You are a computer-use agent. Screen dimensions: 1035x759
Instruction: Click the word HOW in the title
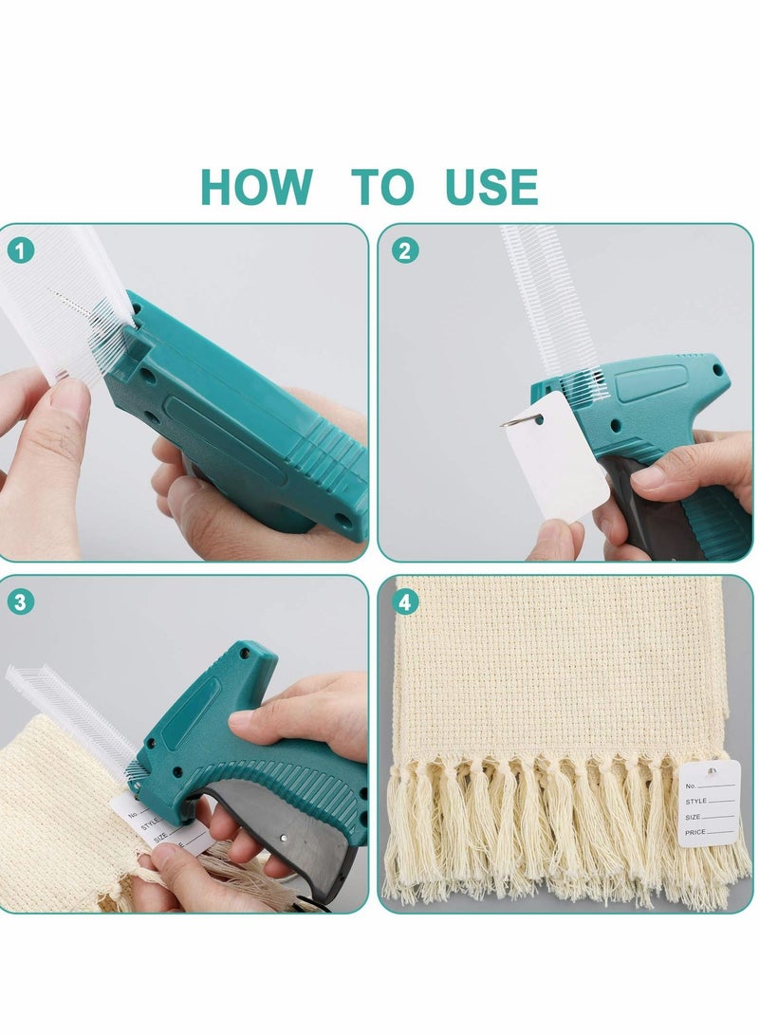[x=256, y=187]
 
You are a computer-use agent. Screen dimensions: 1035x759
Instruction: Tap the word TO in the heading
[x=383, y=187]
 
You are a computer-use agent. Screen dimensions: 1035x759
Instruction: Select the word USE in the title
[x=491, y=187]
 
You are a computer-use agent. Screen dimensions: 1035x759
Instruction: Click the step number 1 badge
[x=22, y=250]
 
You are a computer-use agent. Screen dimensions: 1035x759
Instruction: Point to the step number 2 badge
[x=406, y=250]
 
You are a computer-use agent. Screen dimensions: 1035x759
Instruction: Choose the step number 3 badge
[x=22, y=601]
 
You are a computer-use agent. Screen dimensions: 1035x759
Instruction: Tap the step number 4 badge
[x=406, y=601]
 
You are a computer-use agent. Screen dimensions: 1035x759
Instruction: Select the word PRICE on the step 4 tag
[x=695, y=831]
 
